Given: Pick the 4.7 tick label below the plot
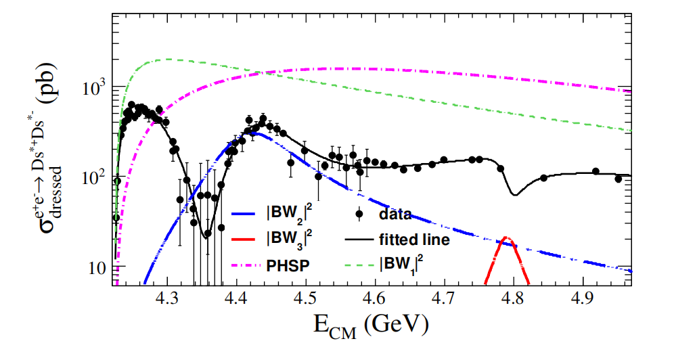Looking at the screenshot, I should click(444, 298).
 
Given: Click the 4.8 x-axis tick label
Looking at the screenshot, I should click(514, 298).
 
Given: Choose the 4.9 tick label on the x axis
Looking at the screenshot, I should click(583, 298).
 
